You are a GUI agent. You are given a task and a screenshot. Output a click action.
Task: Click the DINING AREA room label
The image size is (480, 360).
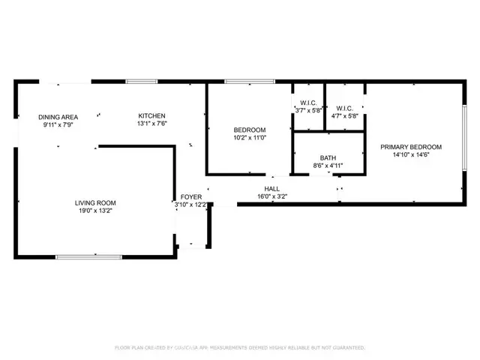(x=58, y=116)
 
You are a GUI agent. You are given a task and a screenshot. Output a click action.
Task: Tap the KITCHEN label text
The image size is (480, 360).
(x=147, y=115)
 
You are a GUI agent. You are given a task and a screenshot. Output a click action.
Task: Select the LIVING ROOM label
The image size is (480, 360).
(x=94, y=202)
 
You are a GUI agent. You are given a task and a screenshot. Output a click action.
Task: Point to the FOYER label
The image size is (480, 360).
(x=190, y=196)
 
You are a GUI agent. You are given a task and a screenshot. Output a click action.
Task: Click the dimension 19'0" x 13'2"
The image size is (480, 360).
(x=94, y=211)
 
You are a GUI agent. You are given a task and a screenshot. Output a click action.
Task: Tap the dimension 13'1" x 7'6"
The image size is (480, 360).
(x=147, y=124)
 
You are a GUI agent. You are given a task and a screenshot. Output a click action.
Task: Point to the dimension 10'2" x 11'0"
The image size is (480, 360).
(x=249, y=138)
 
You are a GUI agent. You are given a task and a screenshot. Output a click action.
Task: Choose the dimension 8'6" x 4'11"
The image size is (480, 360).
(x=327, y=166)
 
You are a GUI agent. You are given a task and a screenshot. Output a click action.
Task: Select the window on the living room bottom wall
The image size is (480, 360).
(x=88, y=257)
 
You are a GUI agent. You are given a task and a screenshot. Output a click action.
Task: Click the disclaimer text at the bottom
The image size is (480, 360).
(x=239, y=348)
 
